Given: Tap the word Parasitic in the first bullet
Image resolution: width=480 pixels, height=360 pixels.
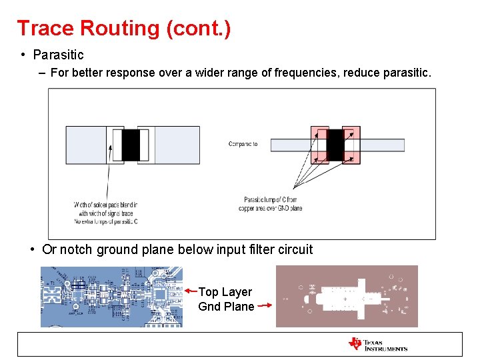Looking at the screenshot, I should (58, 55).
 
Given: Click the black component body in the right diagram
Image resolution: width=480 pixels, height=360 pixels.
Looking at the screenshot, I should (335, 144).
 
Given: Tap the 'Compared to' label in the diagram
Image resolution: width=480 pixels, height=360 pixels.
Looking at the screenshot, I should (243, 144).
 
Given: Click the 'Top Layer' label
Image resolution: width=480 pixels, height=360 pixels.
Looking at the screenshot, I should (225, 292).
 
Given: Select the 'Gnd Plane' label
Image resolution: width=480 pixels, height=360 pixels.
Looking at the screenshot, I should (226, 307).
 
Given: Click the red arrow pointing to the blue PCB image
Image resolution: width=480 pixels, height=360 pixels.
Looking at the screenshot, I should (191, 291).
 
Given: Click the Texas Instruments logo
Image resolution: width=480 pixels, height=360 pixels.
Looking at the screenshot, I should (377, 344).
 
